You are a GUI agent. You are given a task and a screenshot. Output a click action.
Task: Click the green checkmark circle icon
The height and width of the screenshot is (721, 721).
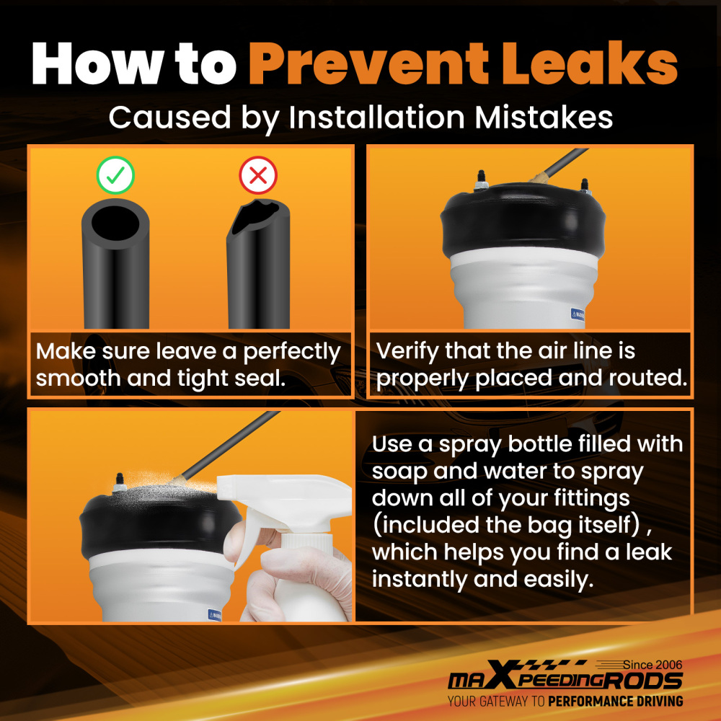tap(115, 174)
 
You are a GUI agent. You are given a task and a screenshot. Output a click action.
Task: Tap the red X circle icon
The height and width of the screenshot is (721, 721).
tap(258, 174)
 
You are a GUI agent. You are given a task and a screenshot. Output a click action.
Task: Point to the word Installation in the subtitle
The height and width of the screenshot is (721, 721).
tap(376, 118)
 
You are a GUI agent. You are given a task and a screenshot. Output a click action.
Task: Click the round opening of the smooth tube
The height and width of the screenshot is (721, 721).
tap(115, 223)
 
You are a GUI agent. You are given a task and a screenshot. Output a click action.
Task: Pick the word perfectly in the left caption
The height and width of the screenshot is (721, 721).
tap(291, 353)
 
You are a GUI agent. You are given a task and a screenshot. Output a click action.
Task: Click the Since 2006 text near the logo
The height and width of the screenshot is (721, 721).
tap(653, 665)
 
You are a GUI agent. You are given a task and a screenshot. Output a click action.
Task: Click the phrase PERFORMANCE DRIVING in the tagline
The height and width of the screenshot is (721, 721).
tap(615, 702)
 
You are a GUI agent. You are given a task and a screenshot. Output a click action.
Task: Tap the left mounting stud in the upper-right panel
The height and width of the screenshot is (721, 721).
tap(480, 180)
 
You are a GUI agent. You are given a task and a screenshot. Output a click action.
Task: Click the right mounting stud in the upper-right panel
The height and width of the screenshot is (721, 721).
tap(585, 186)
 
